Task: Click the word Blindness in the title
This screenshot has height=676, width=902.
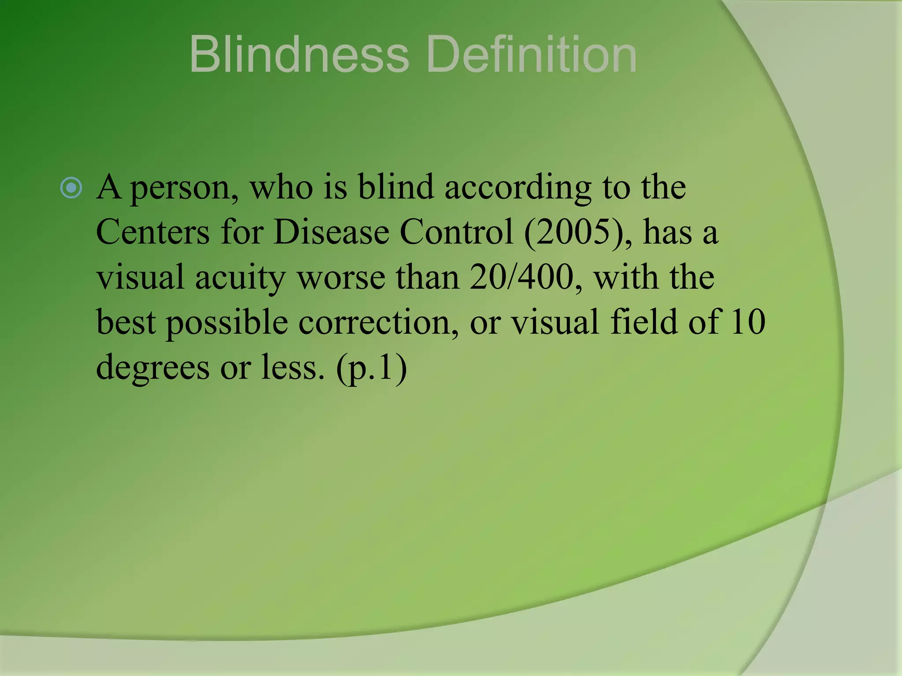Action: (x=299, y=55)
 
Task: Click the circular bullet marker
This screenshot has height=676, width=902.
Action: (x=71, y=188)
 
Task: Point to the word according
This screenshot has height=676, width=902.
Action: (x=518, y=188)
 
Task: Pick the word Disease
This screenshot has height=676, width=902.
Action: (x=331, y=232)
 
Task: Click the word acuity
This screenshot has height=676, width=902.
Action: (x=240, y=278)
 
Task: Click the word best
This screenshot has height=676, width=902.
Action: (x=126, y=322)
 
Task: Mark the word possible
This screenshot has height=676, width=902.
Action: (x=227, y=323)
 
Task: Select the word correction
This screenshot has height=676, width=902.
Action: (x=378, y=322)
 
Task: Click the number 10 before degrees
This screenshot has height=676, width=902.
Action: (x=748, y=322)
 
